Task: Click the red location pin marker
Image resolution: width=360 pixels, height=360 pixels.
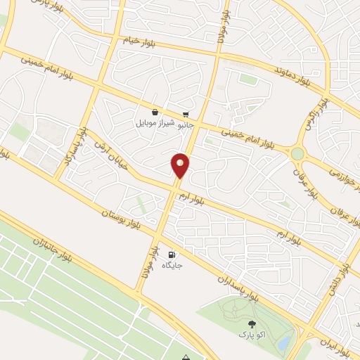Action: (181, 165)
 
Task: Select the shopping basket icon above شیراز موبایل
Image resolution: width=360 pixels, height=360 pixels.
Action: (155, 112)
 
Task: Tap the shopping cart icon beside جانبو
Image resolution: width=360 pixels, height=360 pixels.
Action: (185, 114)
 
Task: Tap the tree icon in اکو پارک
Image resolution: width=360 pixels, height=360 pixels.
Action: (252, 323)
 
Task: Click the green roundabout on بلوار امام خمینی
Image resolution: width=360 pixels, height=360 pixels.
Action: (297, 153)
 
